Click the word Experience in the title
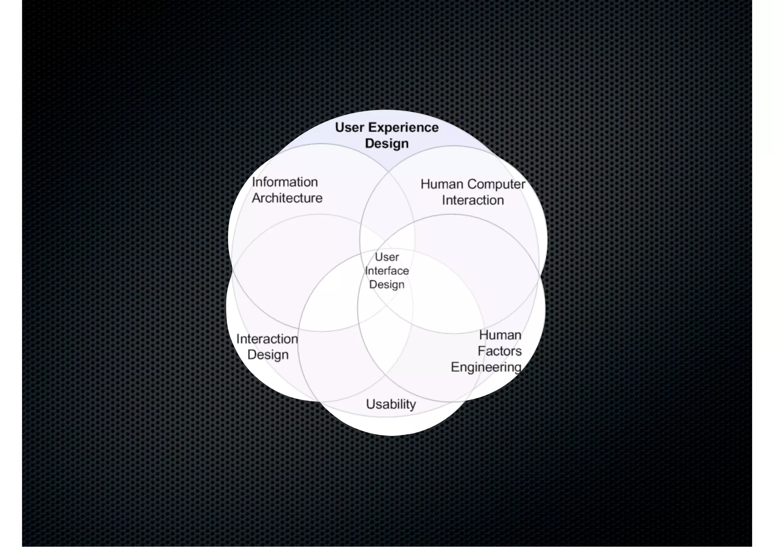[x=403, y=128]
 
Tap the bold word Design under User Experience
[x=387, y=144]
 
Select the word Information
[x=285, y=182]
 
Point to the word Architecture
[x=287, y=198]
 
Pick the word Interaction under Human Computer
[x=473, y=200]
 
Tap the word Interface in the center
[x=387, y=271]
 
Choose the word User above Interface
[x=387, y=257]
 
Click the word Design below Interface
[x=387, y=284]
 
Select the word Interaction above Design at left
[x=267, y=339]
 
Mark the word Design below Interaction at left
[x=268, y=355]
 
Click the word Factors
[x=500, y=351]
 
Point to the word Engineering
[x=486, y=367]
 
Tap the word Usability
[x=391, y=405]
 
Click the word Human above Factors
[x=500, y=335]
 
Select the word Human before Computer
[x=442, y=184]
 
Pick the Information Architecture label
[x=287, y=190]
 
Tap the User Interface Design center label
[x=387, y=271]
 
